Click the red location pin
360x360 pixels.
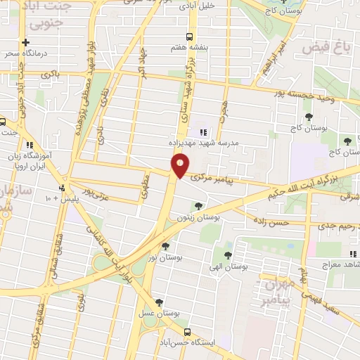[x=180, y=166]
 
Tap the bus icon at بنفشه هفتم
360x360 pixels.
[x=188, y=37]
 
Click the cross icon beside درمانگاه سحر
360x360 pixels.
[x=26, y=42]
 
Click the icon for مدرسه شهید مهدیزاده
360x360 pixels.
[x=203, y=131]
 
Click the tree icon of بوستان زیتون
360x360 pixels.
[x=198, y=206]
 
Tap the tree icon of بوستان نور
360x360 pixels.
[x=165, y=246]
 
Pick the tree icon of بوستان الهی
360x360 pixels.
[x=227, y=254]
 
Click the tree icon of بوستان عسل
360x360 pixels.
[x=160, y=302]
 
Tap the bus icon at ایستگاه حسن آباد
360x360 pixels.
[x=186, y=332]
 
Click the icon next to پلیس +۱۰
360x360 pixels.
[x=63, y=188]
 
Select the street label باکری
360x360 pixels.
[x=50, y=73]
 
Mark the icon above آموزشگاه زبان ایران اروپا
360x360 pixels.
[x=48, y=144]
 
